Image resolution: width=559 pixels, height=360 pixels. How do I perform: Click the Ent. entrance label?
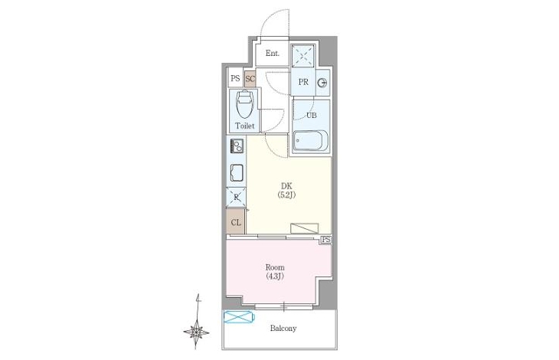coord(273,54)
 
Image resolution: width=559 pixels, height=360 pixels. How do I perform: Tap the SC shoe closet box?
coord(250,78)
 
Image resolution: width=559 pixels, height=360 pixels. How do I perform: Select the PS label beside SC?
coord(235,78)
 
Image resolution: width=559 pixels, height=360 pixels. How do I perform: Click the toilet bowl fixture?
coord(245,105)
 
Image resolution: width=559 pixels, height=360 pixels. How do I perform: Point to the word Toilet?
coord(244,126)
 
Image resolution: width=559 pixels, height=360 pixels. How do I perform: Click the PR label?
coord(303,82)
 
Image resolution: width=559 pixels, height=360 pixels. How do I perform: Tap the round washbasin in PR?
coord(322,83)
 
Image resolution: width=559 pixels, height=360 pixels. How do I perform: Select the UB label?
coord(312,115)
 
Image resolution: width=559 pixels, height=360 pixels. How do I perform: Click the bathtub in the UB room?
coord(311,141)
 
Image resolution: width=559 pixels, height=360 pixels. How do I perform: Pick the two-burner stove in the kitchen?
coord(237,146)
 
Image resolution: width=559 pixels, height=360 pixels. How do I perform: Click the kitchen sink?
coord(237,173)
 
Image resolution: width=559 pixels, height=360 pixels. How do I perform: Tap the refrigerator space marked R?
coord(236,197)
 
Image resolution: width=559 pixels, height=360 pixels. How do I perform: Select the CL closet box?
coord(236,221)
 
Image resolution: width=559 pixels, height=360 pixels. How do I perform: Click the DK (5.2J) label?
coord(286,190)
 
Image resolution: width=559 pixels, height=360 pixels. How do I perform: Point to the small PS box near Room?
coord(326,240)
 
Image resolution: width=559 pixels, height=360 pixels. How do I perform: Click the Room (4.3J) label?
coord(275,272)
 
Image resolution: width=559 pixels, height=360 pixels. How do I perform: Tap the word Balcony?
coord(283,329)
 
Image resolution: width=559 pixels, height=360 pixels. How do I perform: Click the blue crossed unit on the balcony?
coord(239,317)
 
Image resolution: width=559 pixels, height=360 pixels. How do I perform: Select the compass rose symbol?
coord(197,332)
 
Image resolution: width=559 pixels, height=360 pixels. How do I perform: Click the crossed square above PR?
coord(303,56)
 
